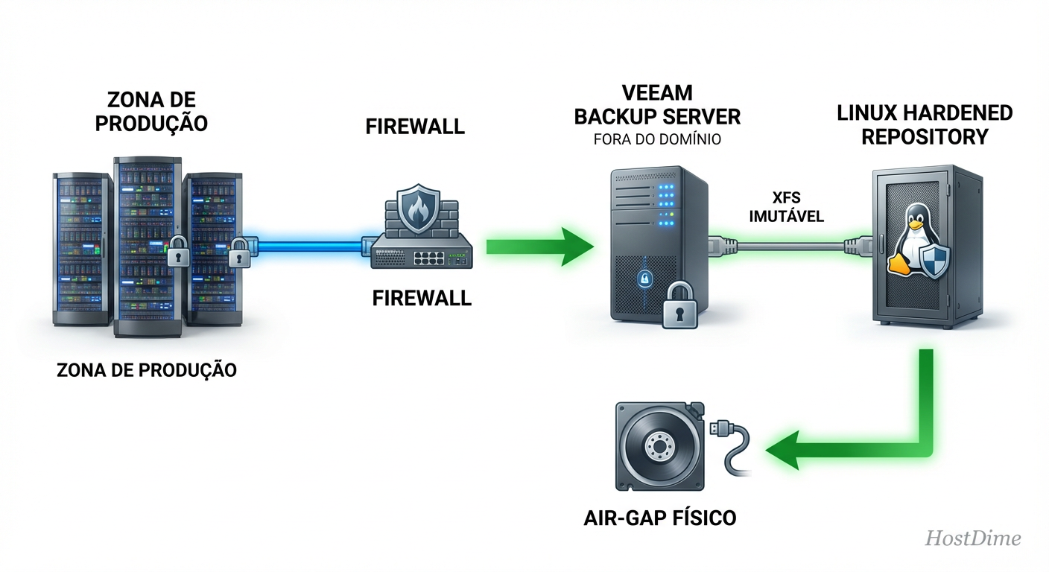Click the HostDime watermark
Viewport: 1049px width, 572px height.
pyautogui.click(x=972, y=538)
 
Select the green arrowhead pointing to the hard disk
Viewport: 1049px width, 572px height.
pyautogui.click(x=787, y=451)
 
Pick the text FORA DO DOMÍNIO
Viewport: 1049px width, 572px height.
pyautogui.click(x=656, y=139)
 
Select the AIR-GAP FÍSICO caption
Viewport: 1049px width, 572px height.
pyautogui.click(x=660, y=517)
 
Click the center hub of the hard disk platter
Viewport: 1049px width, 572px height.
pyautogui.click(x=656, y=448)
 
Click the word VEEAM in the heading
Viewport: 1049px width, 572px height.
pyautogui.click(x=656, y=92)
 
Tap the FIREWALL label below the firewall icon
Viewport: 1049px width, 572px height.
pyautogui.click(x=422, y=298)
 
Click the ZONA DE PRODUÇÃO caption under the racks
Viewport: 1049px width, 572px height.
pyautogui.click(x=147, y=369)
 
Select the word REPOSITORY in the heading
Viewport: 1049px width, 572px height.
pyautogui.click(x=924, y=137)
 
